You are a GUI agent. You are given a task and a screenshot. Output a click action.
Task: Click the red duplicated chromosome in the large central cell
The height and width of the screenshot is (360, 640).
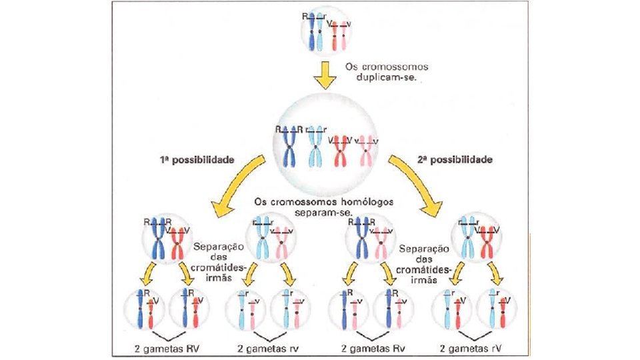pos(341,149)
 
